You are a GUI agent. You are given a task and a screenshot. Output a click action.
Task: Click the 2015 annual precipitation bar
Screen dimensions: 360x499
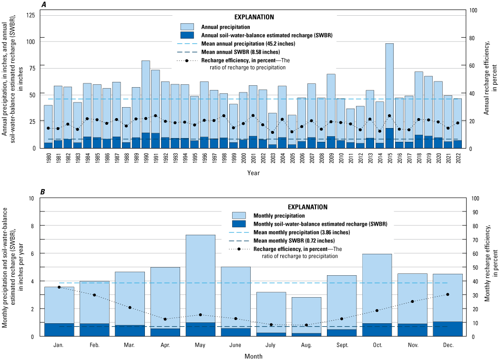[x=389, y=86]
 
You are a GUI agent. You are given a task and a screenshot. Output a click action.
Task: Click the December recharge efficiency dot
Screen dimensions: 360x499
[x=448, y=294]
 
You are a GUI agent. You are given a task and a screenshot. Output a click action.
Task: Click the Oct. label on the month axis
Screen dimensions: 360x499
[x=377, y=343]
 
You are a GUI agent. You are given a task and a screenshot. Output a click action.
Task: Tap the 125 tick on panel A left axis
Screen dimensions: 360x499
[x=30, y=16]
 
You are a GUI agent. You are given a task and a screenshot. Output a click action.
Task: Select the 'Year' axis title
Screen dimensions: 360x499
[x=253, y=173]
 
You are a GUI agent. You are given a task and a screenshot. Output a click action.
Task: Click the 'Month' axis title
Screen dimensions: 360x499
[x=253, y=355]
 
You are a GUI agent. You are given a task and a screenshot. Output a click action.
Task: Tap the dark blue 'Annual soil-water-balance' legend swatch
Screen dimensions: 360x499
[x=188, y=35]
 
